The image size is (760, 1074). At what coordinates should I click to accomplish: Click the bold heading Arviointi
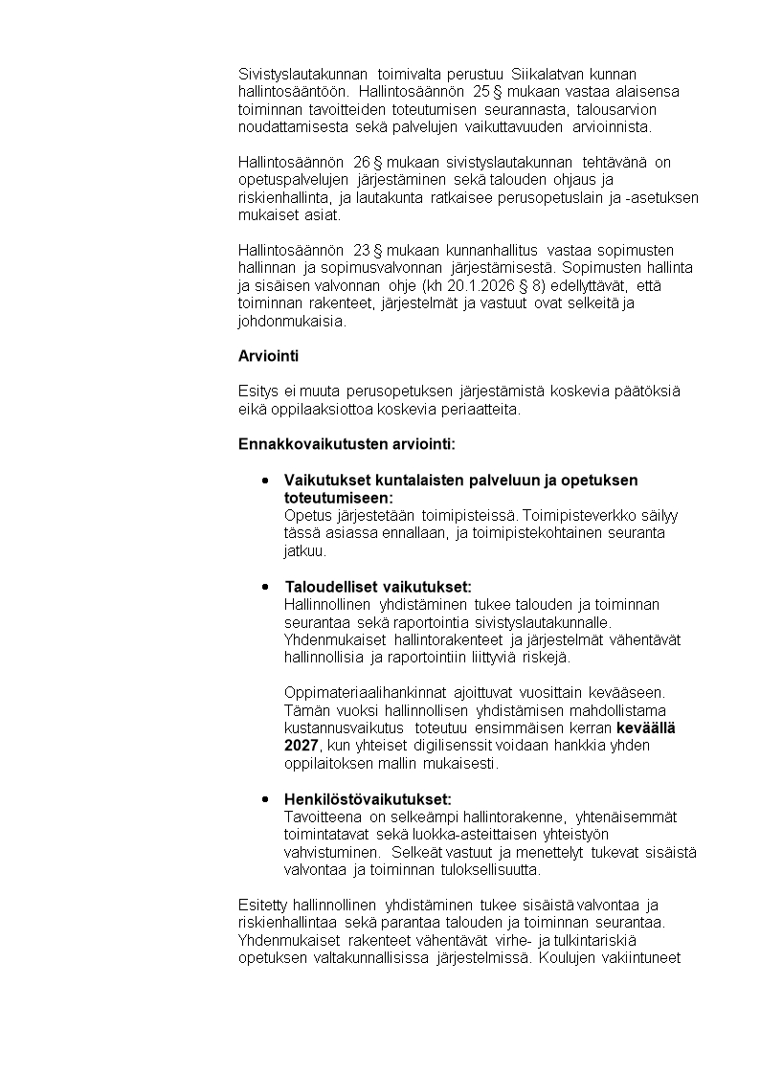pos(268,356)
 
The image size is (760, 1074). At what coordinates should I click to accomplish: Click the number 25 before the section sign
pos(481,92)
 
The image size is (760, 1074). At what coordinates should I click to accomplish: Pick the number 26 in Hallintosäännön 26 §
pos(362,163)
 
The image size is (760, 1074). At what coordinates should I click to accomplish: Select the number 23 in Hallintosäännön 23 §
pos(362,251)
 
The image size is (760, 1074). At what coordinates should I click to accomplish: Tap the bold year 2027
pos(302,747)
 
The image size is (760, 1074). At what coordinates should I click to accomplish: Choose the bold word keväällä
pos(646,728)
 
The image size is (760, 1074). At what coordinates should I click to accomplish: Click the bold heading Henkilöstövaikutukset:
pos(368,799)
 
